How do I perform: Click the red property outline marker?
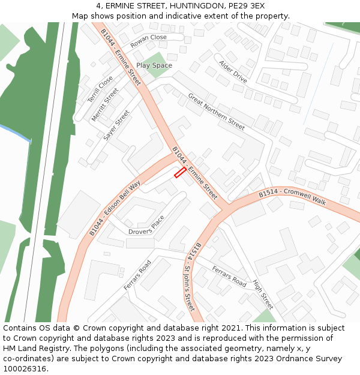179,173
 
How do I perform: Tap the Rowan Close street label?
149,41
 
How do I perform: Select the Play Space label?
154,65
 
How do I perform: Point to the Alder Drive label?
233,71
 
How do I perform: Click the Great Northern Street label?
216,112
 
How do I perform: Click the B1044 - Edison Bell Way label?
115,208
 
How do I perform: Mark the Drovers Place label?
146,226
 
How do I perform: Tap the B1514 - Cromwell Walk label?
292,197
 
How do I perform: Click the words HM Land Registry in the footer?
34,349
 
